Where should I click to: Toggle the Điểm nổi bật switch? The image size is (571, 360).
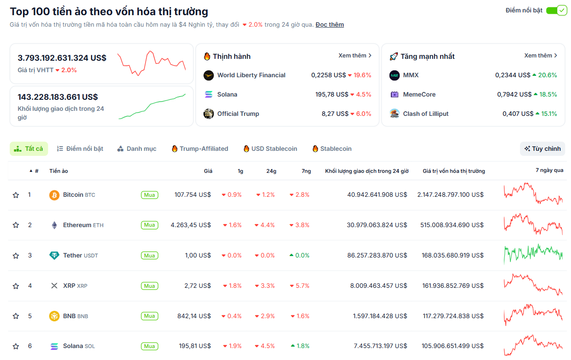(556, 10)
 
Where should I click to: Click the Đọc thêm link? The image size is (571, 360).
(329, 24)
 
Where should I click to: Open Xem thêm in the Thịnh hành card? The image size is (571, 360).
(355, 56)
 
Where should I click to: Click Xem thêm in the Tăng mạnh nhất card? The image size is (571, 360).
(541, 56)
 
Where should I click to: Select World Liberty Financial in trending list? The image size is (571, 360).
(251, 75)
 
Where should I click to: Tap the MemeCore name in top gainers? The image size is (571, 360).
(419, 94)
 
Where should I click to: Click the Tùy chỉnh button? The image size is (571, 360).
(543, 149)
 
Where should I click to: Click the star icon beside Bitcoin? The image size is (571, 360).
(16, 195)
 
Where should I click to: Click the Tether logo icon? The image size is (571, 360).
(54, 256)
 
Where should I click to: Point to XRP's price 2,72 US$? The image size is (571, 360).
(198, 286)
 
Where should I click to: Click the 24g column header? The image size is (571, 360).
(271, 171)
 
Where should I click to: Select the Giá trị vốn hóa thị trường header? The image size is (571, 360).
(453, 171)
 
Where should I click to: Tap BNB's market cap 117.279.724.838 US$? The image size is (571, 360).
(452, 316)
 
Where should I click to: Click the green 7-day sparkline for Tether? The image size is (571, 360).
(533, 253)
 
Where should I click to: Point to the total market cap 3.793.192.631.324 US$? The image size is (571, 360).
(62, 58)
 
